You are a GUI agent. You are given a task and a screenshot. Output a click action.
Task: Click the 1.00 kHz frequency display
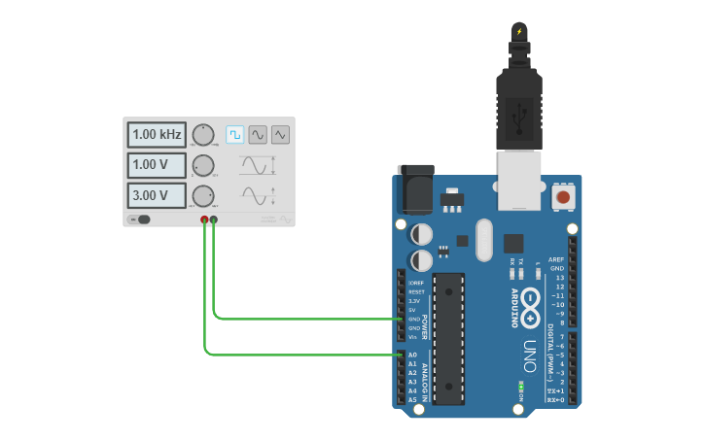click(157, 134)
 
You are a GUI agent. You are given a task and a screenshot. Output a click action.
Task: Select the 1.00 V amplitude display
click(157, 164)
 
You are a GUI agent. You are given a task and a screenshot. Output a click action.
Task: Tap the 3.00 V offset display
click(157, 195)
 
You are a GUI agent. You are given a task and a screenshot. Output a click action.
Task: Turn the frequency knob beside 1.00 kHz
click(203, 134)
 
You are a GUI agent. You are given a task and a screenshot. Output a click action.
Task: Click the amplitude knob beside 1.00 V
click(203, 164)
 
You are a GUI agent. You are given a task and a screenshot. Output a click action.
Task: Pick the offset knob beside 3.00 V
click(203, 195)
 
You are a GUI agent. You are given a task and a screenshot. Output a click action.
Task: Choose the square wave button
click(234, 134)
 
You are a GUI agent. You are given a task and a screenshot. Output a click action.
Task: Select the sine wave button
click(258, 134)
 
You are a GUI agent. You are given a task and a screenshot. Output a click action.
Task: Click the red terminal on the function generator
click(204, 220)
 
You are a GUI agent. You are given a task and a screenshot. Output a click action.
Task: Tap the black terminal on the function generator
click(214, 220)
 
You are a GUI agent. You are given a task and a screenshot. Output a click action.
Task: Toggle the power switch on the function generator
click(142, 220)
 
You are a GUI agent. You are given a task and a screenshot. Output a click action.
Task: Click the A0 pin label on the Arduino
click(412, 355)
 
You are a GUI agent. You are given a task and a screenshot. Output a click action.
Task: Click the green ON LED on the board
click(522, 388)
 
